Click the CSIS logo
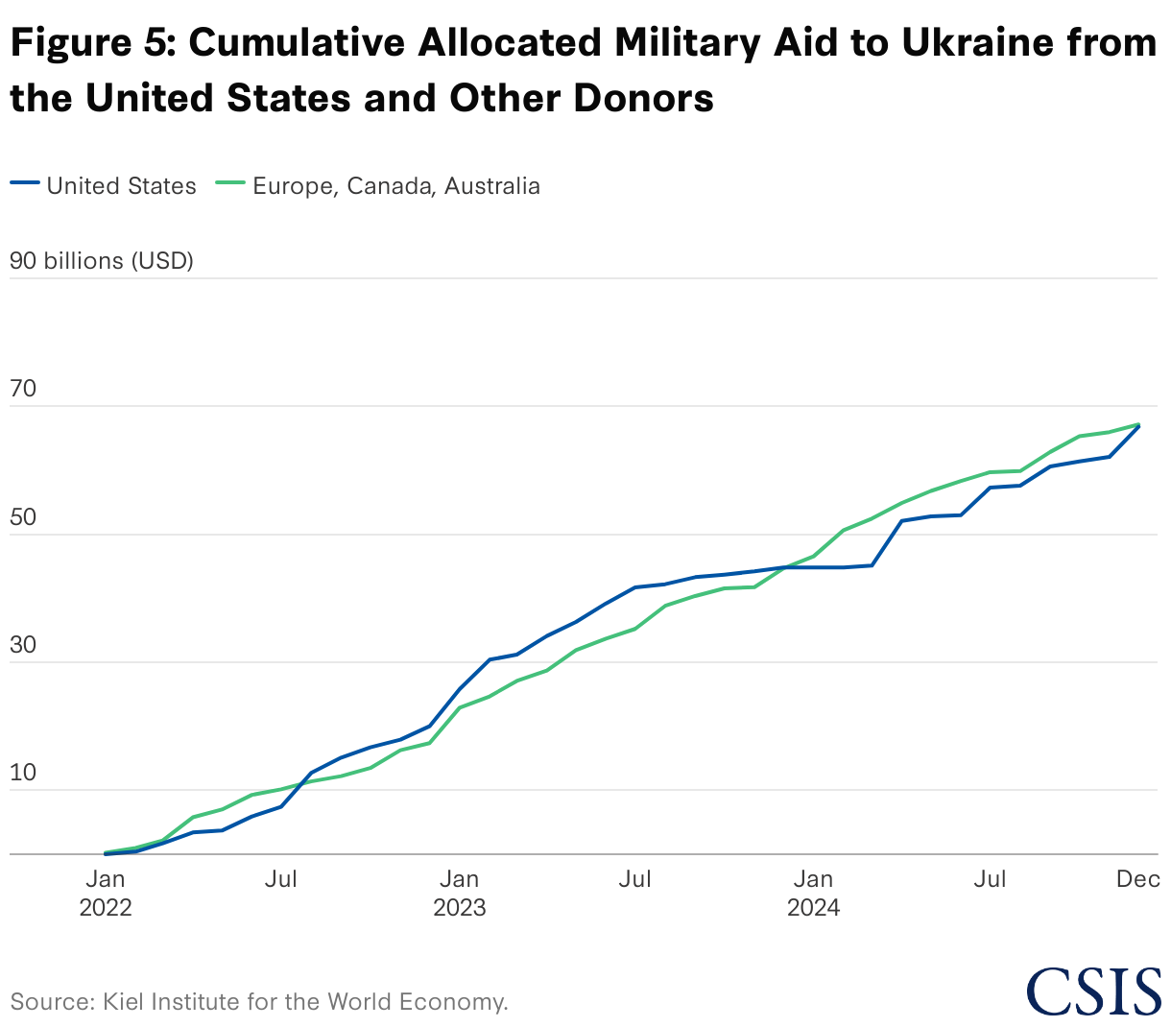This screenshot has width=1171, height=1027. click(x=1093, y=991)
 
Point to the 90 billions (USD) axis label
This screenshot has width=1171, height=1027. click(x=102, y=261)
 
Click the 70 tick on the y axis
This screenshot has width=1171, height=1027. click(x=23, y=390)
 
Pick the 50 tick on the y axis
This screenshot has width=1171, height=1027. click(x=23, y=518)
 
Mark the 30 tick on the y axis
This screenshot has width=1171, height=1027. click(x=23, y=646)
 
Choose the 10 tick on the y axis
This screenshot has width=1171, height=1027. click(x=23, y=774)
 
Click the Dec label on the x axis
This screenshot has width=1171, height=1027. click(x=1138, y=879)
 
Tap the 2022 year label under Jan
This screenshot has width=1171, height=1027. click(x=106, y=908)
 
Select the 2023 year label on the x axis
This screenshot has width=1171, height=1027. click(x=460, y=908)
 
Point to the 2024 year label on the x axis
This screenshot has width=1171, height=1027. click(x=814, y=908)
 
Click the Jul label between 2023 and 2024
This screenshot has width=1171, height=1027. click(x=635, y=879)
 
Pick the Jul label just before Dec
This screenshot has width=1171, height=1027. click(x=990, y=879)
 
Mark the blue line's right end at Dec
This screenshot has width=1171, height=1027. click(x=1138, y=425)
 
